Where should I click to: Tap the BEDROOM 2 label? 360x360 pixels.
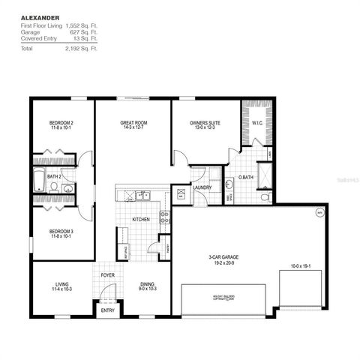tap(62, 121)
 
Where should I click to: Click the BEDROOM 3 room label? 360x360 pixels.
tap(62, 232)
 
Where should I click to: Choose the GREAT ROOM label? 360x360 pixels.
tap(132, 121)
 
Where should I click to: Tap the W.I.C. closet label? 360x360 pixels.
tap(256, 123)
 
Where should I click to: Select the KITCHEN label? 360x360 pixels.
tap(142, 220)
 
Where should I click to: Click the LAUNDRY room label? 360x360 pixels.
tap(201, 187)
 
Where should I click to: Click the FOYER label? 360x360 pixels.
tap(108, 275)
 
